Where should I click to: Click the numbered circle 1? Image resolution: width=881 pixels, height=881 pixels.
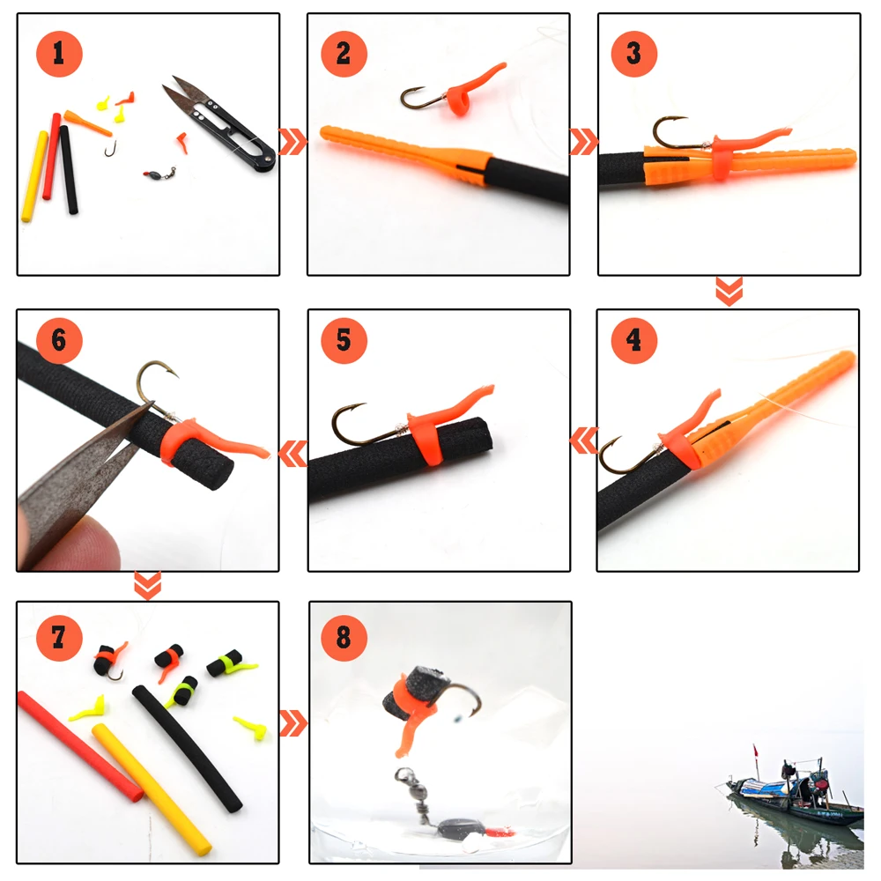[x=59, y=53]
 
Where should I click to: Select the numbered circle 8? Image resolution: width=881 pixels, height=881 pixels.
[x=344, y=636]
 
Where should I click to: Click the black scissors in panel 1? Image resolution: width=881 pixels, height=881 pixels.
[x=220, y=123]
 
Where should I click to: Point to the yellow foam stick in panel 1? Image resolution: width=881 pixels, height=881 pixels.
[x=34, y=176]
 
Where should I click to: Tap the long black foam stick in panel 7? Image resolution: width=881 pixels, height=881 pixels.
[x=189, y=749]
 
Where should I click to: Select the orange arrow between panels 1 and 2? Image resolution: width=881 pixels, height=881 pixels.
[x=292, y=141]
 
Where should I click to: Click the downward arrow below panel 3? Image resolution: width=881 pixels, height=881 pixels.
[x=729, y=291]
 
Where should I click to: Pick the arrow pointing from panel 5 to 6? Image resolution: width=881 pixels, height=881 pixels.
[x=292, y=453]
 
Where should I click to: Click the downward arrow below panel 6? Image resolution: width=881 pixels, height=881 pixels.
[x=147, y=585]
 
